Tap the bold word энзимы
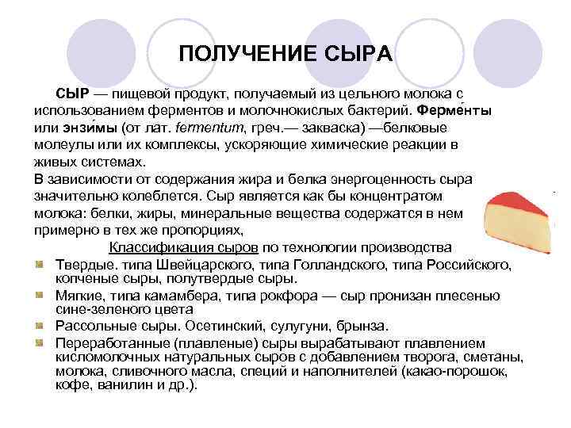88,127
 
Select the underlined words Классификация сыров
172,247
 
